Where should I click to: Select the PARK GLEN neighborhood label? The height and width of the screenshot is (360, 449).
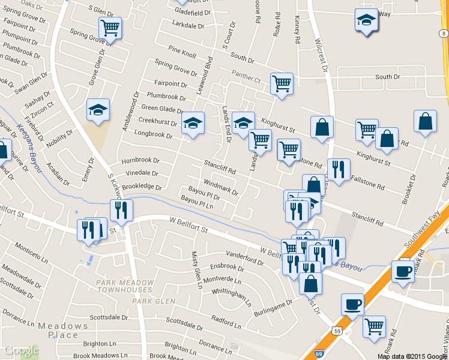point(154,301)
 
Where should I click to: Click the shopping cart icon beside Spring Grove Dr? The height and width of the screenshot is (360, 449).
point(110,27)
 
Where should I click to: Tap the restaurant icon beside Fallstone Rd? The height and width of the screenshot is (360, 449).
point(339,169)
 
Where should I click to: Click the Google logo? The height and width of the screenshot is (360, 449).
point(21,350)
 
